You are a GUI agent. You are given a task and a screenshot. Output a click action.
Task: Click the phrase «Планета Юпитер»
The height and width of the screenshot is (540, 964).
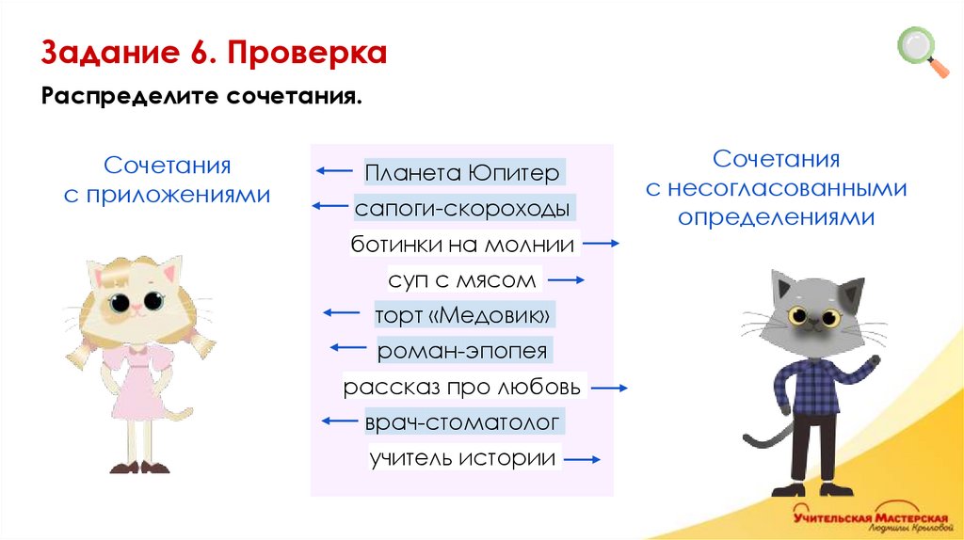coord(462,173)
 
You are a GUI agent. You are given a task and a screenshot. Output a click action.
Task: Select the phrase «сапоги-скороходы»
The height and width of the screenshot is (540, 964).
coord(461,209)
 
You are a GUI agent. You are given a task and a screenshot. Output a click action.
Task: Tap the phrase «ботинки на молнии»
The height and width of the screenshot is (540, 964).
coord(462,245)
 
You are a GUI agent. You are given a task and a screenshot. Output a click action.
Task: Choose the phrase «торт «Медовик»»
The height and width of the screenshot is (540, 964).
coord(461,315)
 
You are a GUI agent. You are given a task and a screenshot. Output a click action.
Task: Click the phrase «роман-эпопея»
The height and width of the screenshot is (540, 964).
coord(461,352)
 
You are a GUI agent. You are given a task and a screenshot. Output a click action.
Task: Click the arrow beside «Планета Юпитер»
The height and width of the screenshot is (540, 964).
coord(333,171)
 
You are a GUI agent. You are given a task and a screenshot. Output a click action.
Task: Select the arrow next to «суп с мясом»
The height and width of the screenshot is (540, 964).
coord(567,280)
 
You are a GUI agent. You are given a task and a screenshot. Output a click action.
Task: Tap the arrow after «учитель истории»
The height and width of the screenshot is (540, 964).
coord(582,459)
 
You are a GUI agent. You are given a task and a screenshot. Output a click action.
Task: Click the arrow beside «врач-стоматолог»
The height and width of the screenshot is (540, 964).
coord(340,422)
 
